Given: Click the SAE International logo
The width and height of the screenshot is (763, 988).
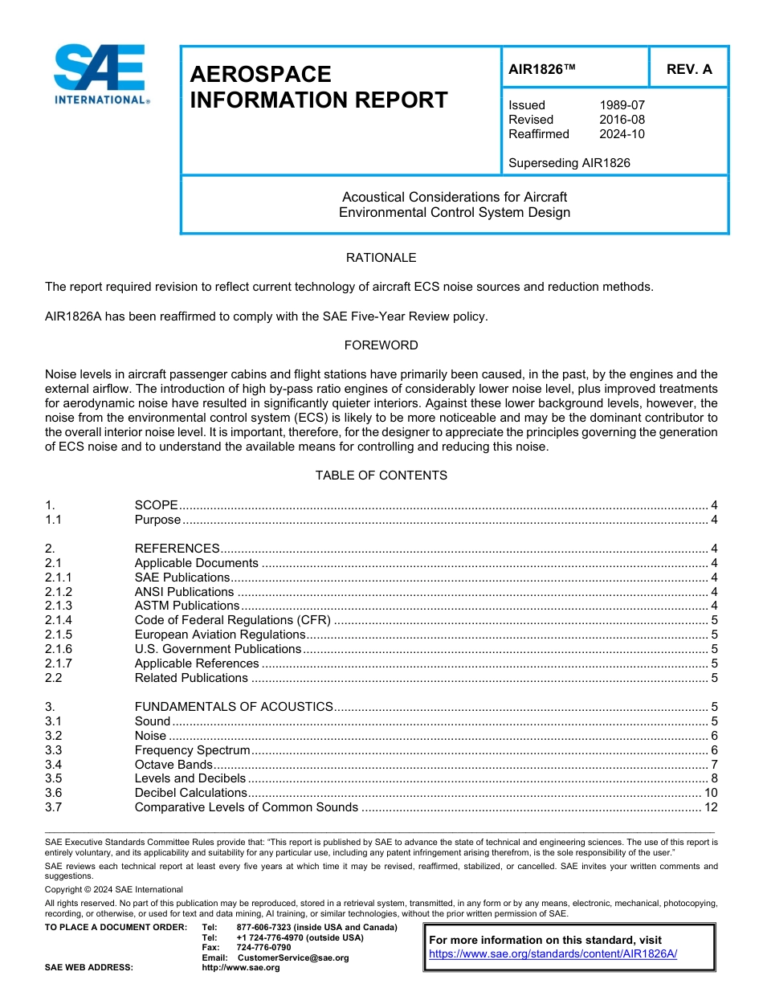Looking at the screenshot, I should (x=100, y=75).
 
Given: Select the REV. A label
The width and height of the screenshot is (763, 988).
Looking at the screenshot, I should (x=689, y=69).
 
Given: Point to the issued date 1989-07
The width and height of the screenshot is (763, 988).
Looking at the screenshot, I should (x=622, y=105).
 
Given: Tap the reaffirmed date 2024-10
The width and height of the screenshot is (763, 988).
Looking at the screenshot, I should (x=622, y=134).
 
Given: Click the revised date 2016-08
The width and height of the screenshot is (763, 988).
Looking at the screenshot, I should (x=622, y=120).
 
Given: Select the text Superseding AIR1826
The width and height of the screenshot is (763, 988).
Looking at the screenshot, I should (x=569, y=163).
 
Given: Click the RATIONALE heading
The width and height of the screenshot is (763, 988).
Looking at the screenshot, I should (x=381, y=258).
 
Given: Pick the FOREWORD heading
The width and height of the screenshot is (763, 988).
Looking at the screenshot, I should (x=381, y=345).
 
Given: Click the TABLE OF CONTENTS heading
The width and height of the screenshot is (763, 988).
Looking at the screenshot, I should (x=381, y=476).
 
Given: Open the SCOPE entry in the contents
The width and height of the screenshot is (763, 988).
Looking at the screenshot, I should (x=156, y=505).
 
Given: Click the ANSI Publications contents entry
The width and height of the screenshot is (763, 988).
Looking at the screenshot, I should (x=184, y=592).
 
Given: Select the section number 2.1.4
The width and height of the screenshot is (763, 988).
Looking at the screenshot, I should (x=59, y=620).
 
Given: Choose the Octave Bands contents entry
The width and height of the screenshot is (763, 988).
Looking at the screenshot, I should (x=173, y=765).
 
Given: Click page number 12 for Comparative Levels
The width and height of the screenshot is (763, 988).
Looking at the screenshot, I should (x=710, y=807).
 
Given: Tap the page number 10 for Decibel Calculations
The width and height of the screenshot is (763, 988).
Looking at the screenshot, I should (x=710, y=793).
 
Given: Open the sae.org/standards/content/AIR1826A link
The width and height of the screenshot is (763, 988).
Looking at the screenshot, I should (x=553, y=954).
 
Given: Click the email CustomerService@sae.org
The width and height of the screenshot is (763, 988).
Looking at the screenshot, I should (x=292, y=957).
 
